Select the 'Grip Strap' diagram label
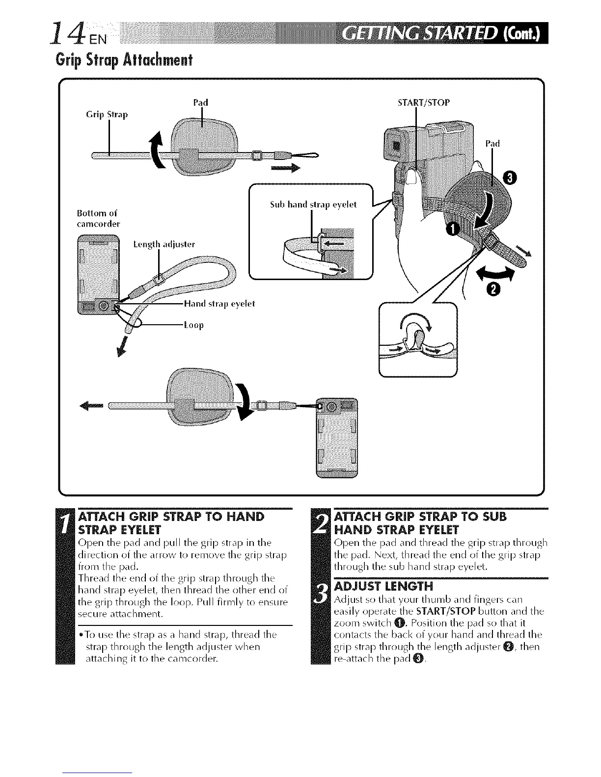107,115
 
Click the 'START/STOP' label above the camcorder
423,103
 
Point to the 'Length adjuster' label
164,244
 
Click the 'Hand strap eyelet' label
219,304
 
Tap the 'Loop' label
193,325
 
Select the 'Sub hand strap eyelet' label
313,204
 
